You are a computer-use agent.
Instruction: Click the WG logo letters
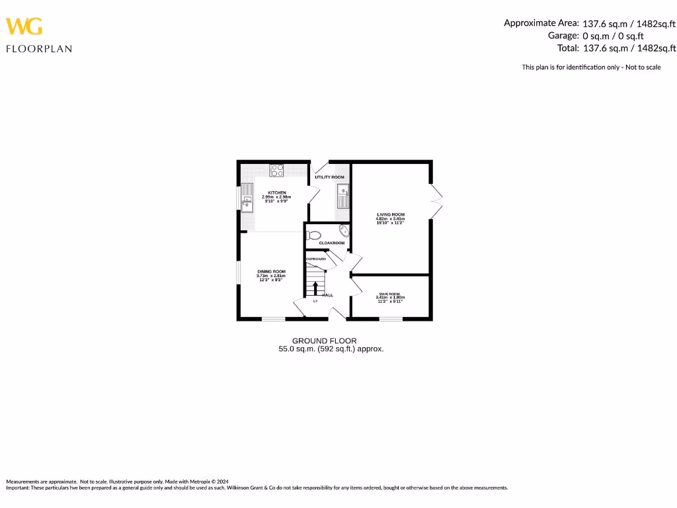(24, 26)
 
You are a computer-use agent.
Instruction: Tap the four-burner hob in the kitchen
(277, 170)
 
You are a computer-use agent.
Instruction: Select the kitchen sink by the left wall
(247, 202)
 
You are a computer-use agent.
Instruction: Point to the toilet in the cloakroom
(315, 234)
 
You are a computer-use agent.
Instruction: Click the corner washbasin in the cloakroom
(344, 230)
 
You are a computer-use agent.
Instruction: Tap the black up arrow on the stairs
(315, 288)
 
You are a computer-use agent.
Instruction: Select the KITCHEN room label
(276, 192)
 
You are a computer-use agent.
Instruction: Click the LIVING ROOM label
(391, 215)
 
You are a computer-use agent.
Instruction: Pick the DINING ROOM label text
(271, 272)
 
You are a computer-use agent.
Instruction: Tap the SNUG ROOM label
(390, 294)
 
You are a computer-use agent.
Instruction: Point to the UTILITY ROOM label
(329, 177)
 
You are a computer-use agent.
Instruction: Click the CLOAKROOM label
(332, 243)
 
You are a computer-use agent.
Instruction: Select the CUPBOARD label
(315, 259)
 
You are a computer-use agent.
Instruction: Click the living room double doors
(436, 200)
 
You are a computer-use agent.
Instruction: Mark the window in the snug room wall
(391, 319)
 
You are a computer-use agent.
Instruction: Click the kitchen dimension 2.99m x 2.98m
(276, 197)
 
